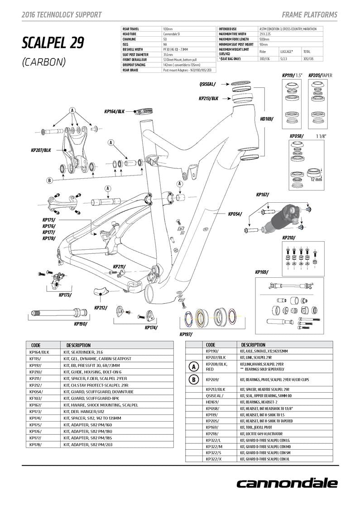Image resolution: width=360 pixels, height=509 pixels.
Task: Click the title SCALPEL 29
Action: click(x=53, y=43)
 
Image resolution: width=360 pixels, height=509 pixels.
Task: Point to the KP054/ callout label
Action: click(x=235, y=214)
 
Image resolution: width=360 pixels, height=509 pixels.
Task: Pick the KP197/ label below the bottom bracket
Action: click(x=186, y=334)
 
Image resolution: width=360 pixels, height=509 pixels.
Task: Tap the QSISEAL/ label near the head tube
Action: click(x=207, y=84)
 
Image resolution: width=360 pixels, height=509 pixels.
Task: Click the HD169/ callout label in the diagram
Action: click(x=266, y=119)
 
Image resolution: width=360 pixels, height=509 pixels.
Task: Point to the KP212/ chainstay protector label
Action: click(x=101, y=308)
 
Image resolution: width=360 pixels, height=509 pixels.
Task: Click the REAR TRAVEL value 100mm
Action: click(x=168, y=29)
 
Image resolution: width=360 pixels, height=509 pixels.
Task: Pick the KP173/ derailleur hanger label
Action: click(x=65, y=295)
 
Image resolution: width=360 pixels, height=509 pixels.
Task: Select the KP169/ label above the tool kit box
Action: click(x=261, y=272)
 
